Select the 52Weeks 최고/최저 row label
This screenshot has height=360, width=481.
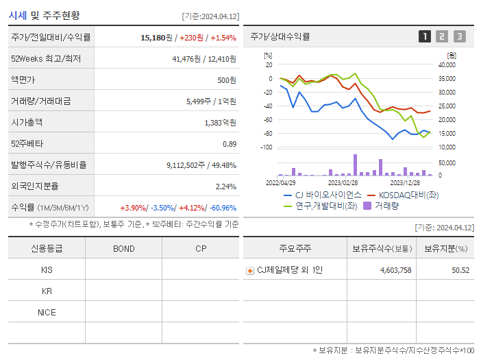tap(45, 59)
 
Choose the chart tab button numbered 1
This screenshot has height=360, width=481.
tap(425, 36)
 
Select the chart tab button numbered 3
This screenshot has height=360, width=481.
tap(459, 36)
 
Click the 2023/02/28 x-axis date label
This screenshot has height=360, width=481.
tap(343, 182)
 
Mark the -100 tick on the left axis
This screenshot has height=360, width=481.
tap(267, 147)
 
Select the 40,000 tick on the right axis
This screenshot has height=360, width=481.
tap(446, 65)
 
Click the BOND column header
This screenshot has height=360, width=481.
tap(124, 248)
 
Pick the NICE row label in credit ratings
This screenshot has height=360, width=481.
tap(47, 312)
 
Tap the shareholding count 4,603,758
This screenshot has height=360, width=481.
tap(395, 270)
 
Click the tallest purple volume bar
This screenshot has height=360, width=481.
tap(355, 165)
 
